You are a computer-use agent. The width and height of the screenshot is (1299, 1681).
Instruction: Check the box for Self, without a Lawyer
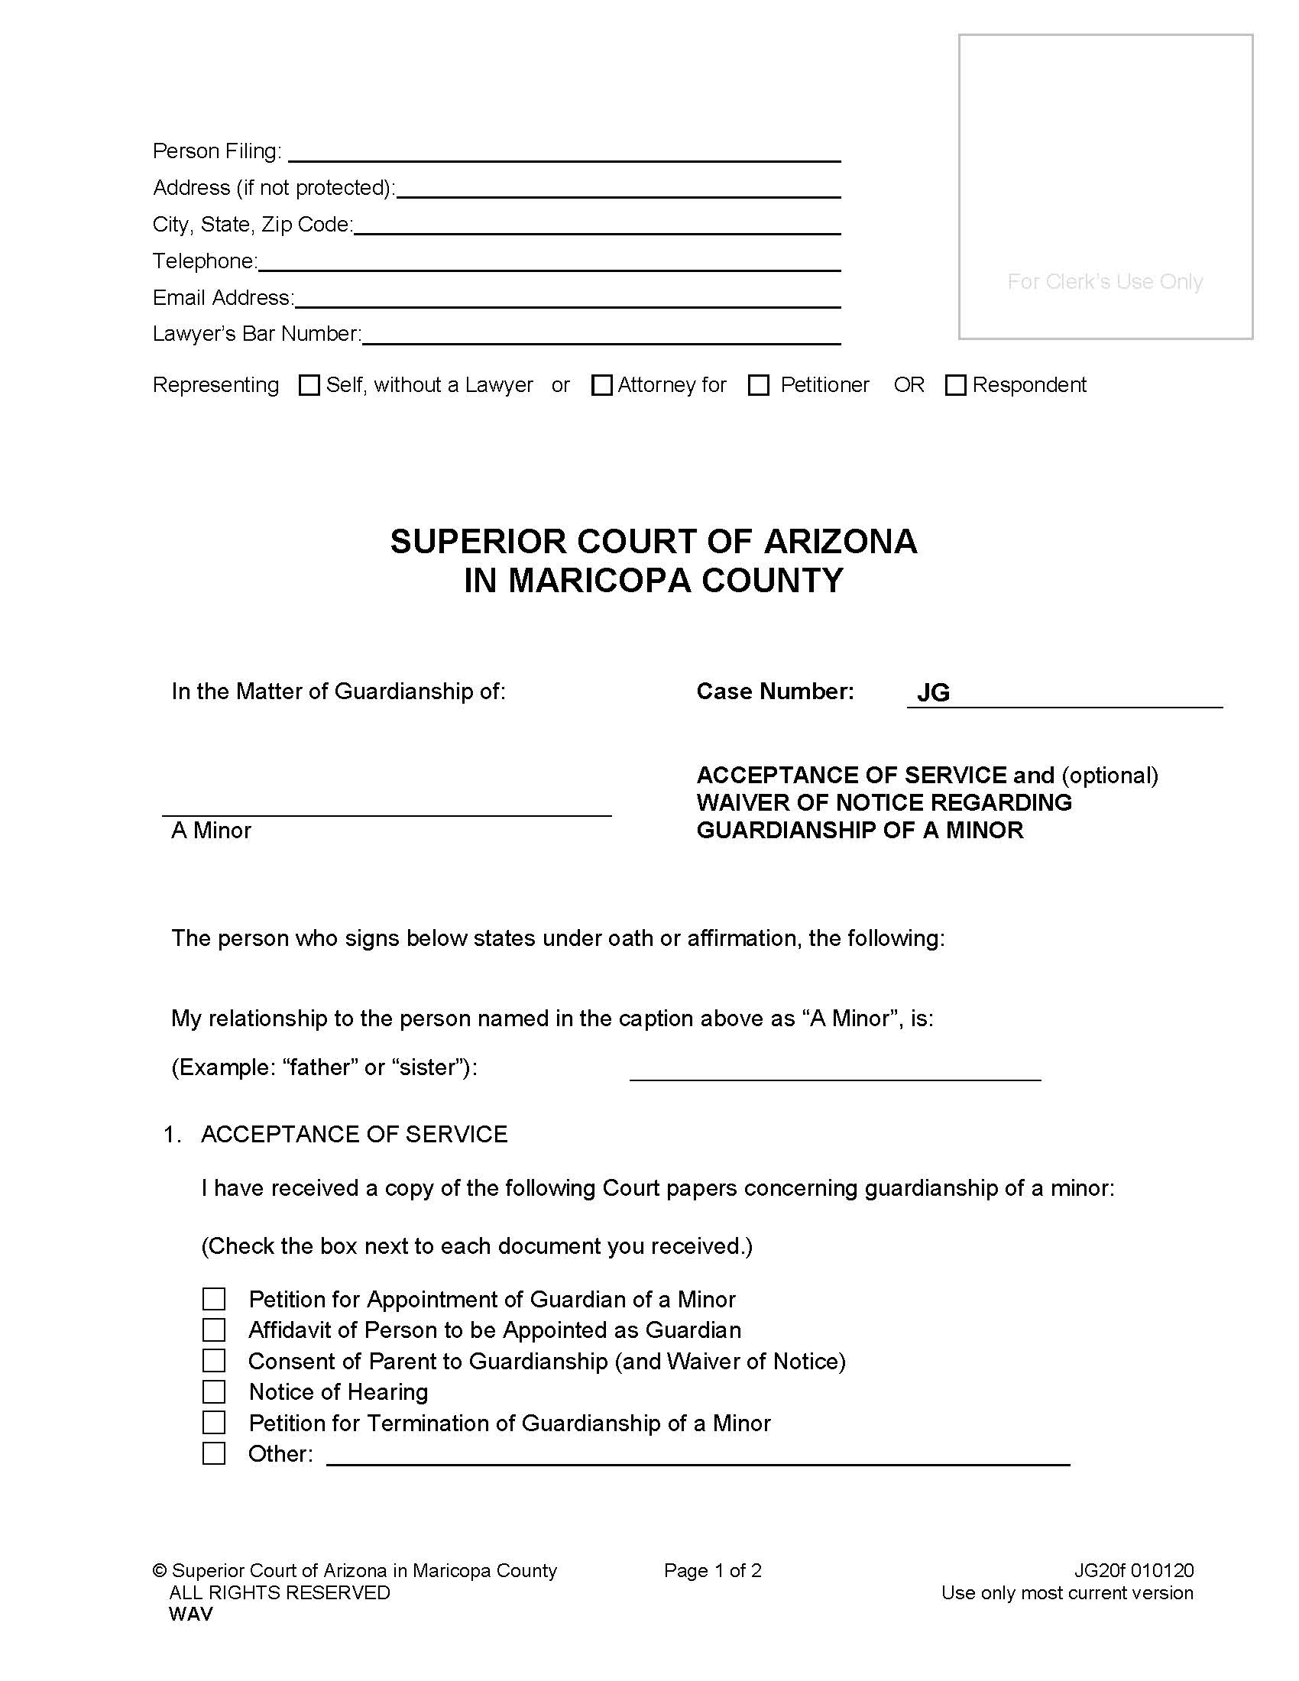[309, 385]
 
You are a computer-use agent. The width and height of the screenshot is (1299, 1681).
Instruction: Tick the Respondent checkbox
[955, 385]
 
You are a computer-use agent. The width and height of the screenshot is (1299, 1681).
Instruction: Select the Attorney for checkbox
[601, 385]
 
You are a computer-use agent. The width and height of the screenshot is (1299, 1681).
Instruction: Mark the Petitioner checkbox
[759, 385]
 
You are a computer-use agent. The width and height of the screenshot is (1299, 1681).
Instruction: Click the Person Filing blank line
[563, 152]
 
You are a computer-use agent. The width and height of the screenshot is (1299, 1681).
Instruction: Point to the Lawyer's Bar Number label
[256, 333]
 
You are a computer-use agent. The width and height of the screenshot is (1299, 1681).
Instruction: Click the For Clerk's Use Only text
[1104, 282]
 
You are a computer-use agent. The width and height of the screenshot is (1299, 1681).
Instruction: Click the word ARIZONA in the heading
[840, 541]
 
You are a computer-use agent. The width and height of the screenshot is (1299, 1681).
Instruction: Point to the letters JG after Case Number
[933, 693]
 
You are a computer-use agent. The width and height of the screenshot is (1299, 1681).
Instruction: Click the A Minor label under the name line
[211, 830]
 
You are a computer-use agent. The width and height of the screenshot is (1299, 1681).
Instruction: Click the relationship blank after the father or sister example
[834, 1070]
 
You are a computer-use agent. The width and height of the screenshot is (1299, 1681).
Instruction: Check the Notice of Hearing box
[214, 1391]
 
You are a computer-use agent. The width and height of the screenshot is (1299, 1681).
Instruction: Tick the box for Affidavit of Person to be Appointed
[214, 1330]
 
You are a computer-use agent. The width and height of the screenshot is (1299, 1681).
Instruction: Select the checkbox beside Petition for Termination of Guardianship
[214, 1423]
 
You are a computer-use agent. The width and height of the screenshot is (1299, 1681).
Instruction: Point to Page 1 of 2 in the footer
[713, 1570]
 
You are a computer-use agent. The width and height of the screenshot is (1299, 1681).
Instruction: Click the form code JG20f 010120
[1133, 1570]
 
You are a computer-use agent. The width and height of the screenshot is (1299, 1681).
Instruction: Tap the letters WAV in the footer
[190, 1614]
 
